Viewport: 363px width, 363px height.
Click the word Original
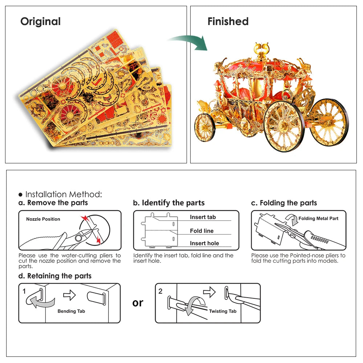tap(40, 21)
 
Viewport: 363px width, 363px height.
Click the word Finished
tap(228, 21)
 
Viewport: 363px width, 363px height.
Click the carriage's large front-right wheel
tap(284, 126)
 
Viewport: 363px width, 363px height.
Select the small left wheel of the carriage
tap(205, 127)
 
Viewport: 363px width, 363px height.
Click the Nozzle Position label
tap(43, 219)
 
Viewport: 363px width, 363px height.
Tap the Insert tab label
tap(203, 217)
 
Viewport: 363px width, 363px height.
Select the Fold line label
tap(202, 231)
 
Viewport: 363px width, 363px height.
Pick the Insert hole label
tap(204, 243)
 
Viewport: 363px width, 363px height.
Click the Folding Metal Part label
tap(318, 219)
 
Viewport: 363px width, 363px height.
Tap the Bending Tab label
tap(72, 311)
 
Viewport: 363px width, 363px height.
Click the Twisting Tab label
tap(223, 311)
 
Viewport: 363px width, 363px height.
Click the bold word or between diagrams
tap(138, 303)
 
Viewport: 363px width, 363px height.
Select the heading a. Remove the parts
tap(53, 203)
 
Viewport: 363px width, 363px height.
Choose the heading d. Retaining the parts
tap(55, 276)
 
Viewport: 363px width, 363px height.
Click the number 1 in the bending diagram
tap(24, 291)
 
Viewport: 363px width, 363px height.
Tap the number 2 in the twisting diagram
tap(160, 291)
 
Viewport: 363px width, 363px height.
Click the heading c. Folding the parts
tap(284, 203)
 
